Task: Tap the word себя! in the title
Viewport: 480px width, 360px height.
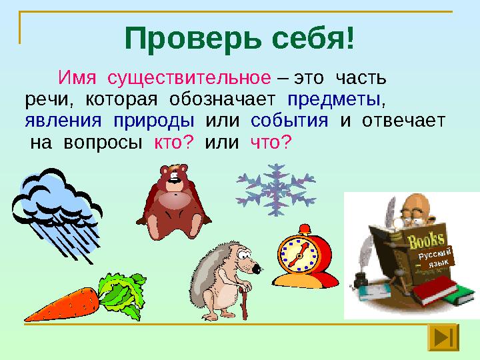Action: [313, 39]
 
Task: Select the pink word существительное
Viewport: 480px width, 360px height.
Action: [189, 78]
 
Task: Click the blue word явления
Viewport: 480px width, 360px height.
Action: [63, 121]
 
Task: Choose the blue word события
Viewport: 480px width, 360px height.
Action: [289, 120]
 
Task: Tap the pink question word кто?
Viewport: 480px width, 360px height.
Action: [174, 142]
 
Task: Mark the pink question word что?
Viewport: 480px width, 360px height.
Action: [270, 142]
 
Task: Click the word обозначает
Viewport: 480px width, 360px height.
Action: [223, 99]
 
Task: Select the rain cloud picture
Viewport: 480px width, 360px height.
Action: [57, 214]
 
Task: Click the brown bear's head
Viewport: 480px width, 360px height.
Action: [174, 177]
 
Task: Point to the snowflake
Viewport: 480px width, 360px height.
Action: [276, 190]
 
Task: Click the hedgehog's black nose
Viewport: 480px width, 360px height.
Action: [257, 269]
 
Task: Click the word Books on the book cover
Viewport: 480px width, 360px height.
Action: [426, 240]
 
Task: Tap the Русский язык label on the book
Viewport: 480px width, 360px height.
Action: [435, 258]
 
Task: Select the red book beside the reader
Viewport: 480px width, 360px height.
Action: [435, 290]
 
